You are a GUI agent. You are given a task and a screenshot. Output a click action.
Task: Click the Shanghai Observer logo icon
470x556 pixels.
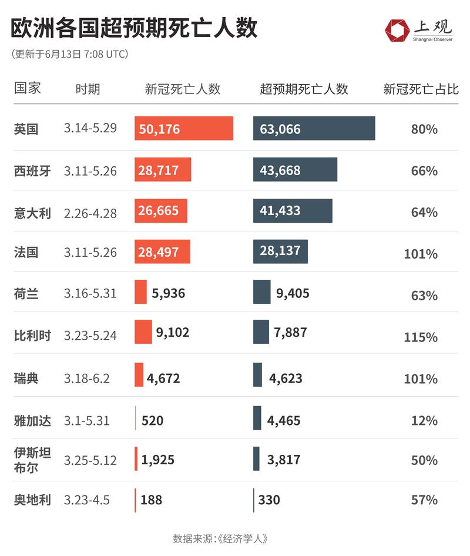pos(397,30)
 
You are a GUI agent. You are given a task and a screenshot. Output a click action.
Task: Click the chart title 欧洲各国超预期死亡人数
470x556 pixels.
pos(134,28)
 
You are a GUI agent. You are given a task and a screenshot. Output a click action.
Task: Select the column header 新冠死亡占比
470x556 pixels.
pos(421,89)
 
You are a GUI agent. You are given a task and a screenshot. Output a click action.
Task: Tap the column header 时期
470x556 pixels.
pos(88,89)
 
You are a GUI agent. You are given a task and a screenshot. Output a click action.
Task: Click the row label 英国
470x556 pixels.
pos(26,129)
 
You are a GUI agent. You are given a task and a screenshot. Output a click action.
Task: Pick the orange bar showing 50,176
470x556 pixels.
pos(183,129)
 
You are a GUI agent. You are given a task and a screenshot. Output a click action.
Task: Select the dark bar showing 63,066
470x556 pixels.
pos(314,129)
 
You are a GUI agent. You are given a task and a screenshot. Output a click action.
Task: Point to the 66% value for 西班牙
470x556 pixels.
pos(424,171)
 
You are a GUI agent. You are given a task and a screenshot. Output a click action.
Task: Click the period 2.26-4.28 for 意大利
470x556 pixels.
pos(90,213)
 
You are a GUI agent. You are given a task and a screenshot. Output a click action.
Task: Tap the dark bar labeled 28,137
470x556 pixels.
pos(280,252)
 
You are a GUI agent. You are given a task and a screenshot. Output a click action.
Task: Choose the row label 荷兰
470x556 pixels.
pos(26,294)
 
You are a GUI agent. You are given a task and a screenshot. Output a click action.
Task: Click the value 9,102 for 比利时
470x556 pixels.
pos(173,333)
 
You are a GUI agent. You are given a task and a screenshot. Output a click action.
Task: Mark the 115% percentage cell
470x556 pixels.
pos(421,337)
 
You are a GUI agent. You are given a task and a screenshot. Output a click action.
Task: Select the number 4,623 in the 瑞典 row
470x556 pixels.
pos(286,378)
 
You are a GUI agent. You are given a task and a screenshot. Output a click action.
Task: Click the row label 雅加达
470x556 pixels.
pos(32,421)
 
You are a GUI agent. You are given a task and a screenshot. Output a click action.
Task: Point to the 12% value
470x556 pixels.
pos(424,421)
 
